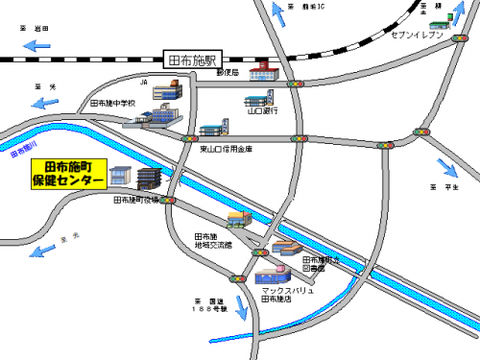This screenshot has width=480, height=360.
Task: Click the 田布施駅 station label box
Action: (194, 60)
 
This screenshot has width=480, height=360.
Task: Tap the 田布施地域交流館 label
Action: (213, 241)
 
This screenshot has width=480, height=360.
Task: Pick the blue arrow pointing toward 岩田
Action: (37, 44)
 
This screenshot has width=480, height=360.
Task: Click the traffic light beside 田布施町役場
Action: (169, 201)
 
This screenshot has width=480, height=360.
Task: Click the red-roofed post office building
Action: (260, 73)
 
